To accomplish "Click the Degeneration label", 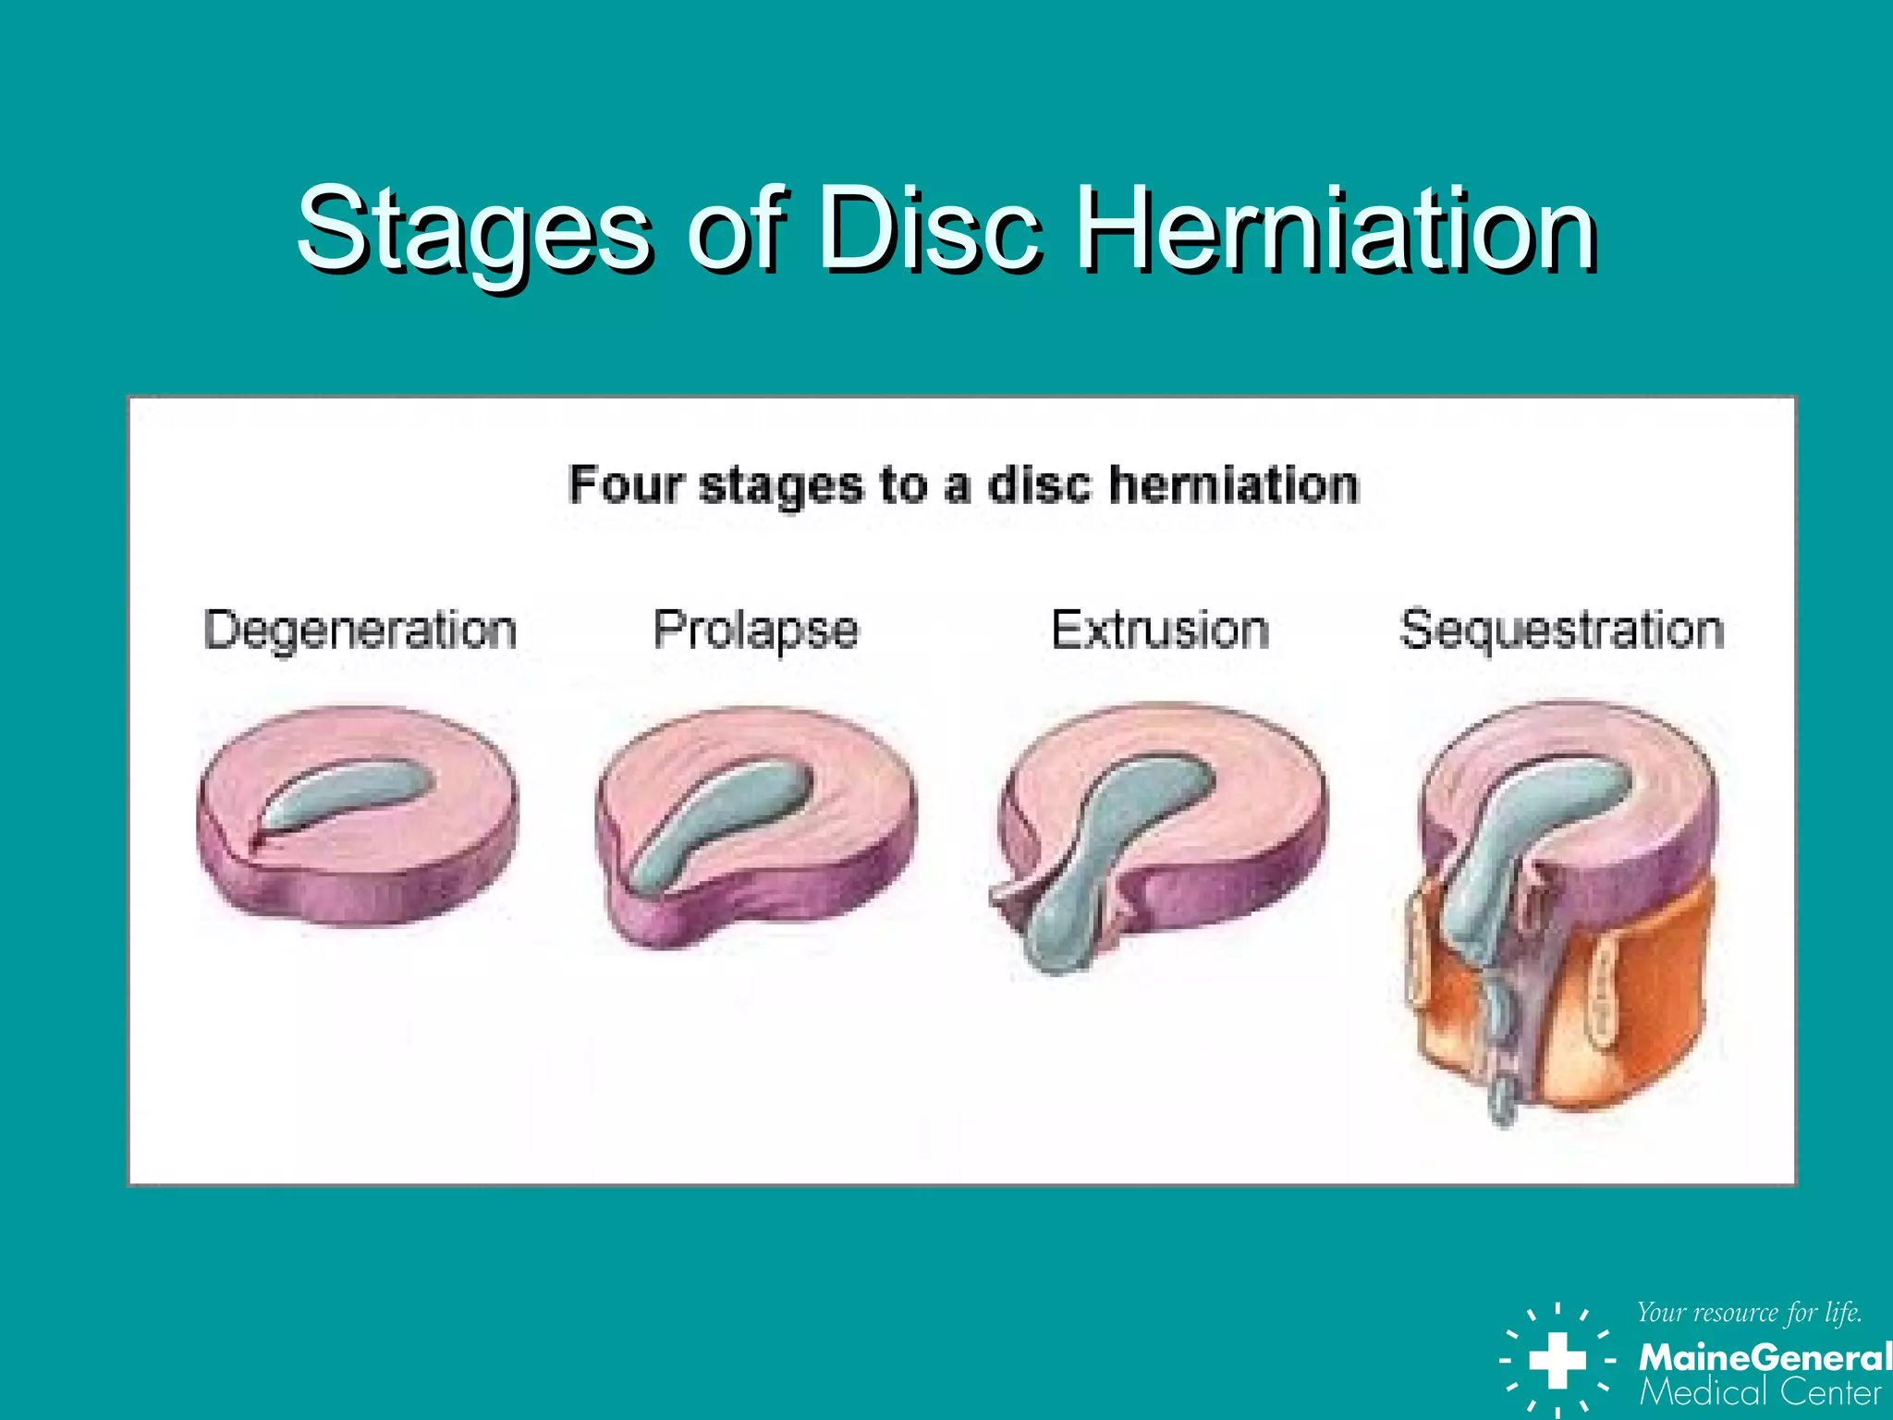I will click(x=360, y=630).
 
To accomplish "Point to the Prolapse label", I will click(x=756, y=630).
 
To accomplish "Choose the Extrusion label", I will click(x=1160, y=630).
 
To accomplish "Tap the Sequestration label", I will click(x=1562, y=630).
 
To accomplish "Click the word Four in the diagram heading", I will click(x=626, y=484).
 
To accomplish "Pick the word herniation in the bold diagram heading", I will click(x=1234, y=484).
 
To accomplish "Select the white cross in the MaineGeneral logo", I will click(x=1557, y=1360).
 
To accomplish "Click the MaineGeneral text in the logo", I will click(x=1764, y=1357).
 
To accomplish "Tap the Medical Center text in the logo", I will click(x=1760, y=1392).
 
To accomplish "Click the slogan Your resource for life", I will click(x=1749, y=1313).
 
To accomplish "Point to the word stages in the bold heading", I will click(x=781, y=486).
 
